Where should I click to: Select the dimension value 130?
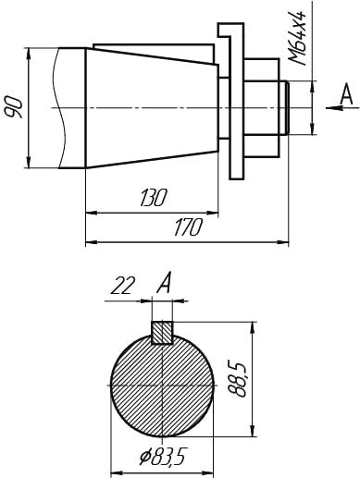[154, 197]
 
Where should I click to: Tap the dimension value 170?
[188, 227]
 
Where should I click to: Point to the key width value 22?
[123, 286]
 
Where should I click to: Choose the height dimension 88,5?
[238, 379]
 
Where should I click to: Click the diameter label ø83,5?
[162, 457]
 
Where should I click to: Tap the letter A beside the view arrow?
[346, 95]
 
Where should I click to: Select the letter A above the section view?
[164, 284]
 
